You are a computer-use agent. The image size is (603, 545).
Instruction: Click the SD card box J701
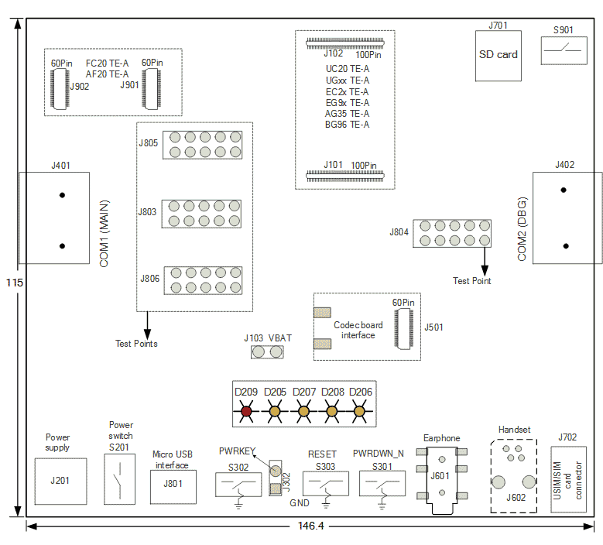tap(499, 56)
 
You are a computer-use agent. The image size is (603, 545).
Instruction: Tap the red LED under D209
tap(246, 411)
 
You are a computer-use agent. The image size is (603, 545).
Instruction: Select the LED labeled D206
tap(359, 411)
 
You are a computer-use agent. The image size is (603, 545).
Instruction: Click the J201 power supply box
tap(60, 482)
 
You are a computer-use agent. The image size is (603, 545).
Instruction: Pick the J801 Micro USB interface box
tap(173, 486)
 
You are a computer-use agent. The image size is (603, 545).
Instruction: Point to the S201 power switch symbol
tap(120, 479)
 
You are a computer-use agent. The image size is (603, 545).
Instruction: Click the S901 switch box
tap(564, 50)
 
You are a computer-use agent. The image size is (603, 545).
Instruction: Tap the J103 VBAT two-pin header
tap(267, 351)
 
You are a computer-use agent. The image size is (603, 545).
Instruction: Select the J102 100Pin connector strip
tap(345, 43)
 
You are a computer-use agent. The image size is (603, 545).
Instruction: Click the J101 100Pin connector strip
tap(345, 177)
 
